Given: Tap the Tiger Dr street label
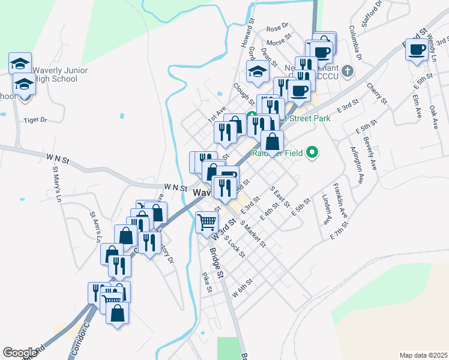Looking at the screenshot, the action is [35, 120].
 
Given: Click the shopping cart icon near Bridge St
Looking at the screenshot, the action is [207, 221].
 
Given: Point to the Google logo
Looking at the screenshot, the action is [20, 353].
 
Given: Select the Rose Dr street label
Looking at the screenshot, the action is [277, 28].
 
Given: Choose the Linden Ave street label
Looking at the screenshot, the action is [327, 208].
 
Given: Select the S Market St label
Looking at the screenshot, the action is [253, 233].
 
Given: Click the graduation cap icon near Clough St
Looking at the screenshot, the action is [258, 71].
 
